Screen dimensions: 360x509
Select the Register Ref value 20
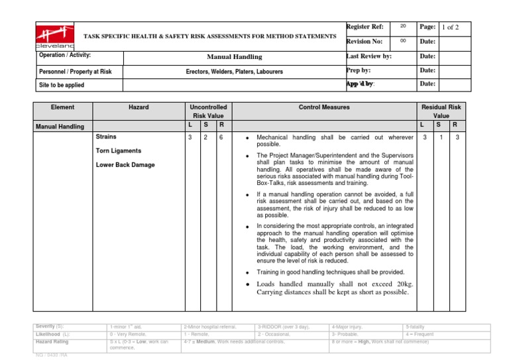[402, 26]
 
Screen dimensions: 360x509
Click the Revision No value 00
[402, 41]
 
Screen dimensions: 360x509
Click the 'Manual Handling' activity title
[235, 57]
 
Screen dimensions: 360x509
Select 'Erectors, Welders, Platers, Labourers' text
[235, 72]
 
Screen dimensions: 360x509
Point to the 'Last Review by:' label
[368, 57]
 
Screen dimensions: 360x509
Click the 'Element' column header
[64, 107]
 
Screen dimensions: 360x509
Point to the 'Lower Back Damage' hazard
[126, 164]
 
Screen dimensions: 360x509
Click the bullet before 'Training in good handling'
[247, 272]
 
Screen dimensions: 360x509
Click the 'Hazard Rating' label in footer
[54, 341]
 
